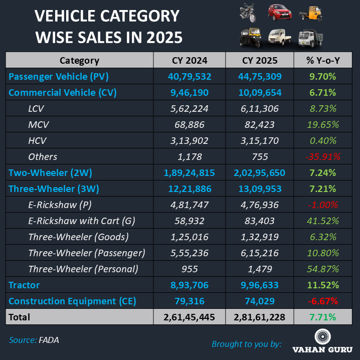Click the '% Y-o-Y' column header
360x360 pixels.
click(323, 61)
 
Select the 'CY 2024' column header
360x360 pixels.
click(190, 61)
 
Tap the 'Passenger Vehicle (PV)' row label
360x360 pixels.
click(59, 77)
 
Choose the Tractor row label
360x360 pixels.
click(24, 285)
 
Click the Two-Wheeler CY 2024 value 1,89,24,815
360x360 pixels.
click(190, 173)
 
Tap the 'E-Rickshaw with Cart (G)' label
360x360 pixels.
click(82, 221)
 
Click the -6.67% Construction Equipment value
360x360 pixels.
click(323, 301)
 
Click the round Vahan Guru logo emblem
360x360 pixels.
click(323, 337)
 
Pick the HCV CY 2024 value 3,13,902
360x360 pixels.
click(190, 141)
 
